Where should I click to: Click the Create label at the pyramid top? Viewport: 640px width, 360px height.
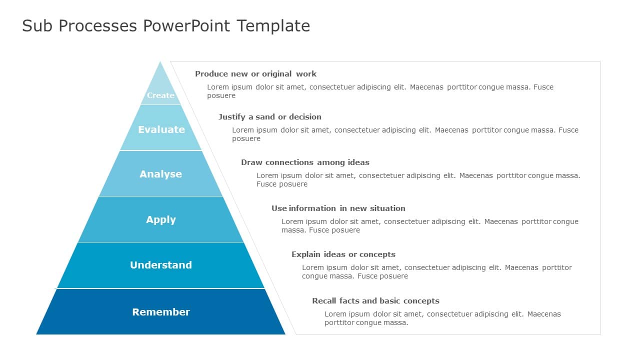tap(160, 95)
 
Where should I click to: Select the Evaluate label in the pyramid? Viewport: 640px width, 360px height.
tap(161, 129)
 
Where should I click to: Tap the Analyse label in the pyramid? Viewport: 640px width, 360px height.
tap(160, 174)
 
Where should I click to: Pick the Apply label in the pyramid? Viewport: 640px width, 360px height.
tap(160, 219)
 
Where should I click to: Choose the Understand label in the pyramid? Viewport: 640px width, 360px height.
tap(160, 265)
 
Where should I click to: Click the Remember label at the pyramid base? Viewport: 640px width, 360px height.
tap(160, 312)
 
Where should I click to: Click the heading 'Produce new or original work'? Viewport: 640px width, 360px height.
tap(255, 74)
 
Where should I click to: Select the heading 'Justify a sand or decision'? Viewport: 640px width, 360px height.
tap(269, 117)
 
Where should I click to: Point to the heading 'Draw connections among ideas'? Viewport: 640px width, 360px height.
tap(305, 162)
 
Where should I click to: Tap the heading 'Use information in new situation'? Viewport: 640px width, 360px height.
tap(338, 208)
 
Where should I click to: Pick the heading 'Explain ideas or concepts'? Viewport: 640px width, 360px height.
tap(343, 254)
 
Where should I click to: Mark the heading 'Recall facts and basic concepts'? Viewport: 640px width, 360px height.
tap(375, 301)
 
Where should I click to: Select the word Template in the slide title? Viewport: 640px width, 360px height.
tap(273, 25)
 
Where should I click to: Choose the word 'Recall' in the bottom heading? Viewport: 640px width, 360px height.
tap(324, 301)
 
